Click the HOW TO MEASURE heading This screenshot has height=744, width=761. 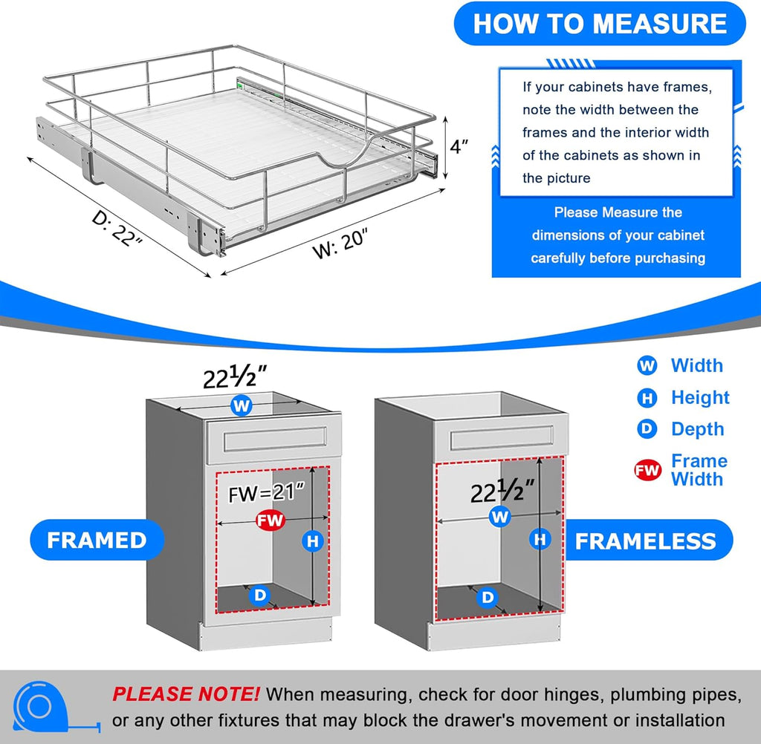tap(600, 24)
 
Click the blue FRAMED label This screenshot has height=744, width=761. tap(97, 540)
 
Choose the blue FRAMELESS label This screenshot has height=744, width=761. tap(645, 541)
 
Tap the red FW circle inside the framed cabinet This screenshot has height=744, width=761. tap(270, 521)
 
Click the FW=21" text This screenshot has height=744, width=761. tap(267, 493)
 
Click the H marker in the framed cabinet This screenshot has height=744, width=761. tap(313, 541)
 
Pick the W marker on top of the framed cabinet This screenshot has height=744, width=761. tap(241, 405)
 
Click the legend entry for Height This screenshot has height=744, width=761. tap(699, 397)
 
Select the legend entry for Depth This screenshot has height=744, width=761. tap(696, 429)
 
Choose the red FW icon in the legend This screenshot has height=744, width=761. tap(647, 470)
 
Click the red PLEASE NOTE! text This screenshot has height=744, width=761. tap(186, 694)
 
